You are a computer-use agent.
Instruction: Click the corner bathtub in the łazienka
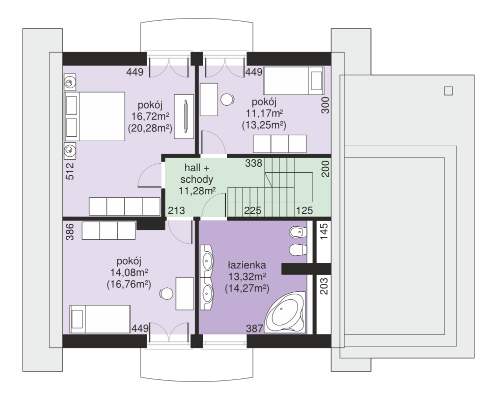[285, 312]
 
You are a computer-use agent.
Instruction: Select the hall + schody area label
[196, 173]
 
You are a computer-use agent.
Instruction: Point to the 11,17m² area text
[264, 113]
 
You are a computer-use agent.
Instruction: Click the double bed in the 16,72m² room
[94, 117]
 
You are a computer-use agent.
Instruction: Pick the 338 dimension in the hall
[253, 163]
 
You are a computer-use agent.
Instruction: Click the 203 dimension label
[324, 286]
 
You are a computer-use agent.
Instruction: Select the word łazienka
[247, 265]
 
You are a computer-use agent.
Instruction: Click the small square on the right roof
[448, 91]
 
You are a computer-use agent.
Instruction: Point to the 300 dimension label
[325, 105]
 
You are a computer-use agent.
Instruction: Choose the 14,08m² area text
[129, 273]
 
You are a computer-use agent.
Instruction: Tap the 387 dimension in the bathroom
[254, 328]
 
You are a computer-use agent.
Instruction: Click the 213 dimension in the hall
[176, 210]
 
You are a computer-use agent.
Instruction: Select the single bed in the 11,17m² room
[294, 81]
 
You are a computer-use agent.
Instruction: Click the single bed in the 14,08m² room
[100, 319]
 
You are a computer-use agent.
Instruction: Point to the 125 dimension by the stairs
[304, 210]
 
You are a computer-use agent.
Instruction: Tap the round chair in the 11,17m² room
[227, 100]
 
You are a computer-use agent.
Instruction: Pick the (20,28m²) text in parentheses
[150, 128]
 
